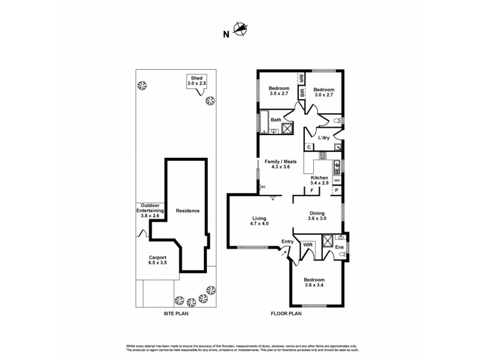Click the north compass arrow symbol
240,28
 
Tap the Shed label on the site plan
197,81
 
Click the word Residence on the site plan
188,211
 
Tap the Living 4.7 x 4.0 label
259,221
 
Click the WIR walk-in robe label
308,245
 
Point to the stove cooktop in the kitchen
322,156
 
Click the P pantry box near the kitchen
336,190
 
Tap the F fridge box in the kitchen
312,190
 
